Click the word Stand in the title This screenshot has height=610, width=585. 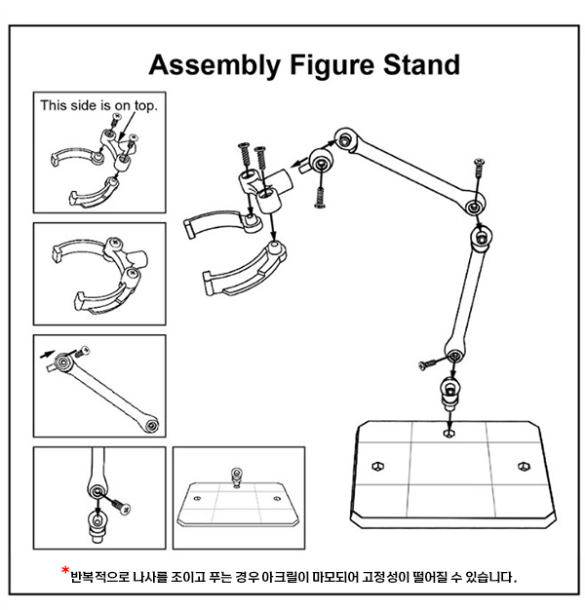click(415, 66)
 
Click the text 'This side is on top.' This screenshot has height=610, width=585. click(98, 104)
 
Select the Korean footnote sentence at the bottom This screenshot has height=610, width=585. click(292, 577)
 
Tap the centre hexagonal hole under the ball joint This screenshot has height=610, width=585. click(447, 429)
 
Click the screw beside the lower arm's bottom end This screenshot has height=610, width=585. click(427, 362)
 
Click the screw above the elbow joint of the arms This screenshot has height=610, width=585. click(478, 172)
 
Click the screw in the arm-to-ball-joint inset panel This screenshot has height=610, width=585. click(119, 503)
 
